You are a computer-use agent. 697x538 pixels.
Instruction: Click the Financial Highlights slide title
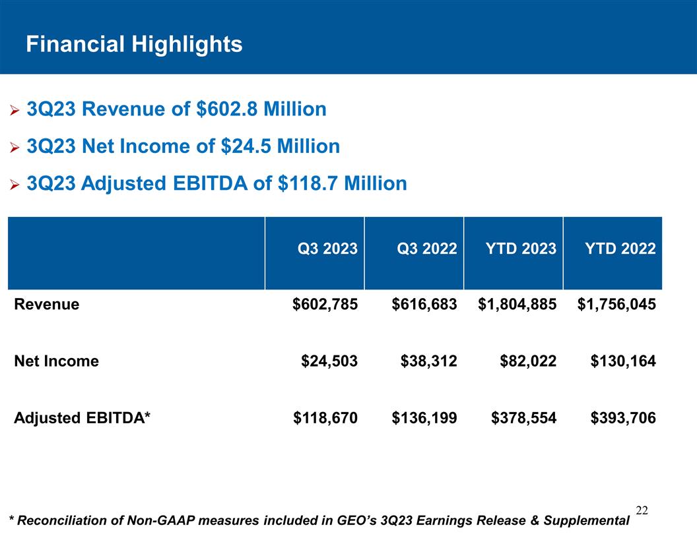(x=134, y=44)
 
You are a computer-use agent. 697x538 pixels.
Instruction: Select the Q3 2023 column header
(x=327, y=249)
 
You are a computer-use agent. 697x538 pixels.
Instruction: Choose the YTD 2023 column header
(x=521, y=249)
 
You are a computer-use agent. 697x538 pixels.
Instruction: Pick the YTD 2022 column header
(x=620, y=249)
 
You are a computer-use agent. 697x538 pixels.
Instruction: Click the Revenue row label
(x=47, y=304)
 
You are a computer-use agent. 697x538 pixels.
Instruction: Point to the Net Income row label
(x=57, y=361)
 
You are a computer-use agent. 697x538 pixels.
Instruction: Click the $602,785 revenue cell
(x=325, y=304)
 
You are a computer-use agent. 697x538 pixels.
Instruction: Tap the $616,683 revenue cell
(x=424, y=304)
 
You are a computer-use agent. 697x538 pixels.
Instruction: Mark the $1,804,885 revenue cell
(x=517, y=304)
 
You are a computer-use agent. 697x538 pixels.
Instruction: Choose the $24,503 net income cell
(x=329, y=361)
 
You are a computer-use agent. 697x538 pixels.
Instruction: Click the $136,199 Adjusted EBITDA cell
(x=424, y=417)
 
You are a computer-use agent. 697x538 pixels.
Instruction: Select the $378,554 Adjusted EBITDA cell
(x=524, y=417)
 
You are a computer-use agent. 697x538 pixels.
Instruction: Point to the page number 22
(x=642, y=510)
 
